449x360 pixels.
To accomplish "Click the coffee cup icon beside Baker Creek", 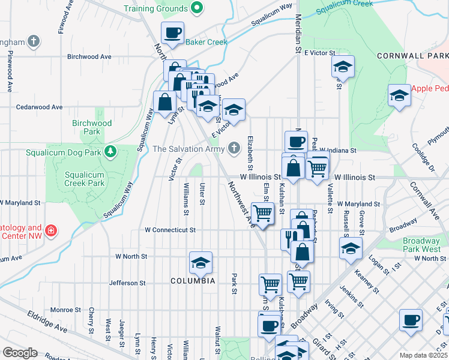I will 172,33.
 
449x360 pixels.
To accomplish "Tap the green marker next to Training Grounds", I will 196,8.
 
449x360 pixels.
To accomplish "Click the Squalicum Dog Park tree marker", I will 110,152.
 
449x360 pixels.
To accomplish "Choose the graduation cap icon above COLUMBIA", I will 200,262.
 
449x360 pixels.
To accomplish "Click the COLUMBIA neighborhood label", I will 192,281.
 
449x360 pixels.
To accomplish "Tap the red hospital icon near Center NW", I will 52,230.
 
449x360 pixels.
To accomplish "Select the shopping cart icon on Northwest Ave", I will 262,213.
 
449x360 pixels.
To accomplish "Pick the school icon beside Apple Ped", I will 399,95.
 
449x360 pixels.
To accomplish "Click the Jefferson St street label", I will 127,283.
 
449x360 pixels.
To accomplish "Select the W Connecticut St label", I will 170,230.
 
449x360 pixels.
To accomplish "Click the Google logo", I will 20,353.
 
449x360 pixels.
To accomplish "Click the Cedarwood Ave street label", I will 40,107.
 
